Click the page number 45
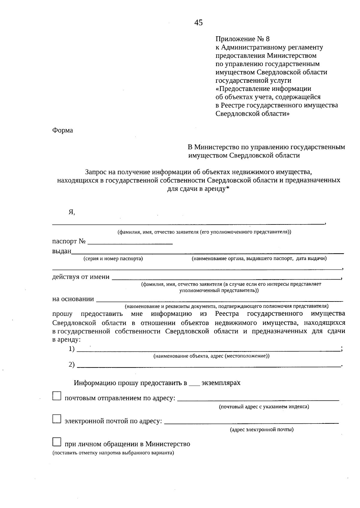pyautogui.click(x=198, y=23)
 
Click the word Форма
pyautogui.click(x=63, y=130)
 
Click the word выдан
pyautogui.click(x=61, y=251)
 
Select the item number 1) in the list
pyautogui.click(x=72, y=349)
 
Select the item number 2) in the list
pyautogui.click(x=72, y=364)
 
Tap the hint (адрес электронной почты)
pyautogui.click(x=262, y=429)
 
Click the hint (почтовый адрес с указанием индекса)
pyautogui.click(x=264, y=407)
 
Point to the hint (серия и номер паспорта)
pyautogui.click(x=113, y=259)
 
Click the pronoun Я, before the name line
pyautogui.click(x=71, y=212)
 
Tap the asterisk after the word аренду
pyautogui.click(x=228, y=188)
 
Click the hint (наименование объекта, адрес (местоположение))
pyautogui.click(x=211, y=356)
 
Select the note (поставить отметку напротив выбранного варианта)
pyautogui.click(x=113, y=453)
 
